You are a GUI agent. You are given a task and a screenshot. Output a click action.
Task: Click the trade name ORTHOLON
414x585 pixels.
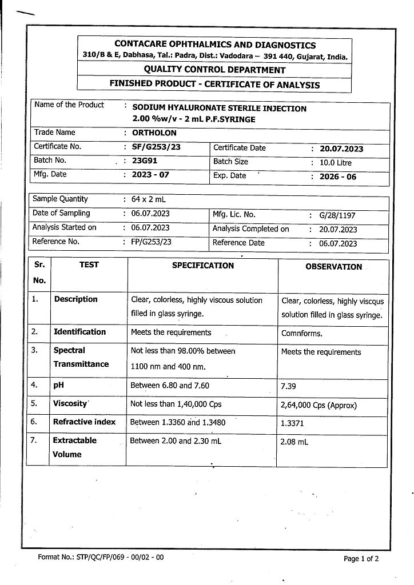154,133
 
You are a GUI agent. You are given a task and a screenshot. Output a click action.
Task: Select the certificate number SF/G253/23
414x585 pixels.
156,147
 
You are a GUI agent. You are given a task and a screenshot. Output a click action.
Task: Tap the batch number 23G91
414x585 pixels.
145,161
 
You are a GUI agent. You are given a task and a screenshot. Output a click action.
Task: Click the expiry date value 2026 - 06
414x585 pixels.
337,177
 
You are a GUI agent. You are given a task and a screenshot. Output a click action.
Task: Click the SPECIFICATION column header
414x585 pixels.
203,266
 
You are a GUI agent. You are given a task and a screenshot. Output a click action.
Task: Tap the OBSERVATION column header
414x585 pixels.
333,267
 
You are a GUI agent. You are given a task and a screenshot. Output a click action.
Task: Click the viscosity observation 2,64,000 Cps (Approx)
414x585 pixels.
319,406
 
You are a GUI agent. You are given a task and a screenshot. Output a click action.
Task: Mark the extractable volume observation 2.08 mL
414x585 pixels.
294,442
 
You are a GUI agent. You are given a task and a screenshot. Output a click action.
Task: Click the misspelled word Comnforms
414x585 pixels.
301,334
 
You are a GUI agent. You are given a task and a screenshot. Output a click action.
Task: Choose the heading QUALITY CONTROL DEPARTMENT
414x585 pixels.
214,70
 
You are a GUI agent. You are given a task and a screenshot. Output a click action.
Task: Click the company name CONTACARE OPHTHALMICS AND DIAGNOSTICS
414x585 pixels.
215,45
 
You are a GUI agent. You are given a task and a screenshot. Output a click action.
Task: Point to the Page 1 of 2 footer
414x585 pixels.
361,559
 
